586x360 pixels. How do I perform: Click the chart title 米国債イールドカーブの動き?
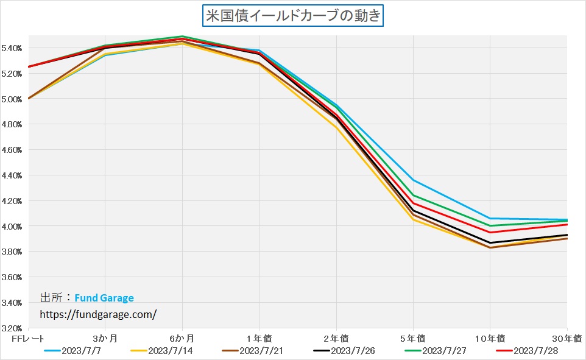pyautogui.click(x=292, y=15)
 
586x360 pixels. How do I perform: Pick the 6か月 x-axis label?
pyautogui.click(x=182, y=338)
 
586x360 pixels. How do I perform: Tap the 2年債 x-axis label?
pyautogui.click(x=336, y=338)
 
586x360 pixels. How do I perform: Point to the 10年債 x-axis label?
pyautogui.click(x=489, y=338)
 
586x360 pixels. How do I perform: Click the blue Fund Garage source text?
pyautogui.click(x=104, y=298)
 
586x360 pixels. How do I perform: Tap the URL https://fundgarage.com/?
pyautogui.click(x=98, y=314)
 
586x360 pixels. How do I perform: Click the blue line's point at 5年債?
pyautogui.click(x=413, y=180)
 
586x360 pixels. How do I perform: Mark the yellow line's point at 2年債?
pyautogui.click(x=336, y=129)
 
